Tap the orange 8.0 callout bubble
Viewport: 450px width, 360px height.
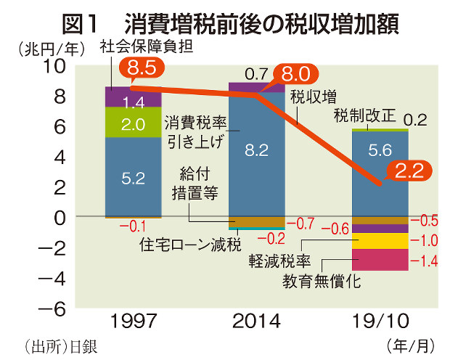click(x=295, y=74)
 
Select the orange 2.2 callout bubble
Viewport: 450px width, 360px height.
click(x=409, y=171)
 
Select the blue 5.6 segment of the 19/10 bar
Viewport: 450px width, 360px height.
click(x=380, y=173)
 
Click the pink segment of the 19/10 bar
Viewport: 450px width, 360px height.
click(x=380, y=259)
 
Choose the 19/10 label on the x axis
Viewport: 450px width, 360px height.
click(x=380, y=322)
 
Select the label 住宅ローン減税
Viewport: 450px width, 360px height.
click(x=189, y=245)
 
